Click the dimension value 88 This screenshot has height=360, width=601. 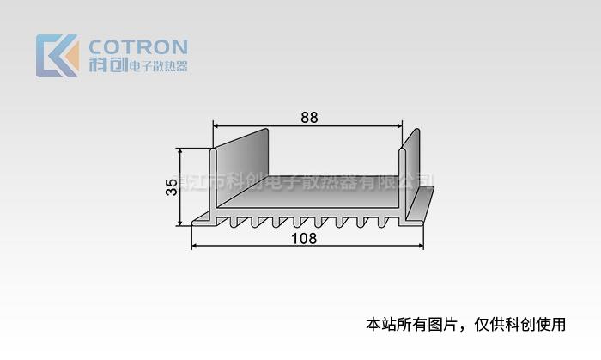point(308,119)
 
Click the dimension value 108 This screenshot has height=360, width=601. point(306,238)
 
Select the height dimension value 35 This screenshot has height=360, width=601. point(172,186)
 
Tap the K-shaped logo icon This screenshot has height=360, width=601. point(57,56)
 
